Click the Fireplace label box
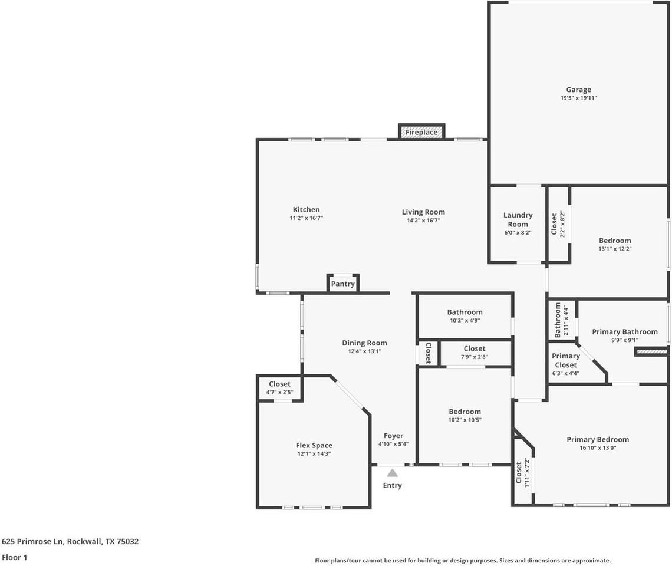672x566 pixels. tap(421, 132)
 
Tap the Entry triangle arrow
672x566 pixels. tap(392, 473)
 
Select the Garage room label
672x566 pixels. tap(578, 90)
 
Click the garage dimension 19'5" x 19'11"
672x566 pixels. tap(578, 98)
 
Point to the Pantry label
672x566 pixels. tap(342, 284)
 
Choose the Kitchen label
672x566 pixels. tap(307, 209)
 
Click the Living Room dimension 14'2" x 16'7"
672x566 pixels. tap(423, 221)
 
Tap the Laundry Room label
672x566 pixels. tap(518, 220)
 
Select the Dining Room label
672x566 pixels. tap(364, 343)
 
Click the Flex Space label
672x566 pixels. tap(314, 445)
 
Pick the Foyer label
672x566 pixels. tap(393, 436)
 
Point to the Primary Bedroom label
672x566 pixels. tap(598, 439)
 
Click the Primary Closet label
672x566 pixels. tap(565, 360)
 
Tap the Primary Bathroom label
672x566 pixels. tap(625, 331)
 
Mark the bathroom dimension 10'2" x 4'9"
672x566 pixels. tap(465, 321)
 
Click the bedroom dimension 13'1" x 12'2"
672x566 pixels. tap(615, 249)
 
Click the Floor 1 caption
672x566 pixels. tap(15, 557)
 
